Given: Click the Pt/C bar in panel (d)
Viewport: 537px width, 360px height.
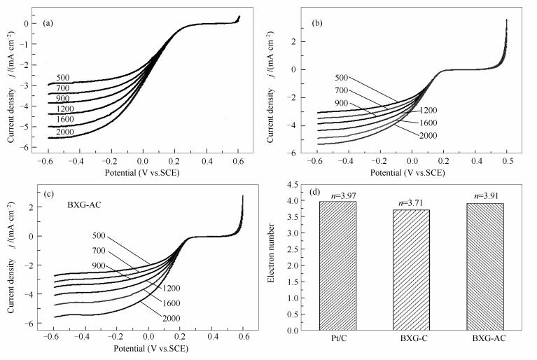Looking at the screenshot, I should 337,266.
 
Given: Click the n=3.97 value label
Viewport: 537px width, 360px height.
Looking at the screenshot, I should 337,195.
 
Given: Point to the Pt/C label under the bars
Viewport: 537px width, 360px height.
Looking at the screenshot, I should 337,340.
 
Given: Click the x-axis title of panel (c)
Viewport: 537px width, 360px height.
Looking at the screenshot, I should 145,348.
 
